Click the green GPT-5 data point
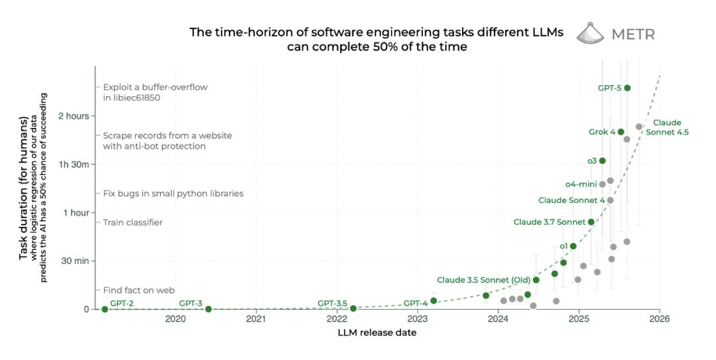click(627, 88)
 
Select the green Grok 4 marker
click(621, 131)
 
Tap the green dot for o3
click(602, 160)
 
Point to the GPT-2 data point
click(105, 309)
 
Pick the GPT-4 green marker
click(434, 300)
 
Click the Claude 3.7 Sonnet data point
click(591, 222)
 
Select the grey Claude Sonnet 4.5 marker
click(639, 127)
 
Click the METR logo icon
click(591, 33)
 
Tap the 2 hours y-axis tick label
click(74, 116)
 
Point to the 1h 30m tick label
click(73, 164)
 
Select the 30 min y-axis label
click(74, 261)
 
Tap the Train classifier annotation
click(133, 223)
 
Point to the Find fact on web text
click(139, 290)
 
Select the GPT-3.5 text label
click(332, 303)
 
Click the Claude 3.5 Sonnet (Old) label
click(483, 280)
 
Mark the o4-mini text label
click(581, 184)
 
